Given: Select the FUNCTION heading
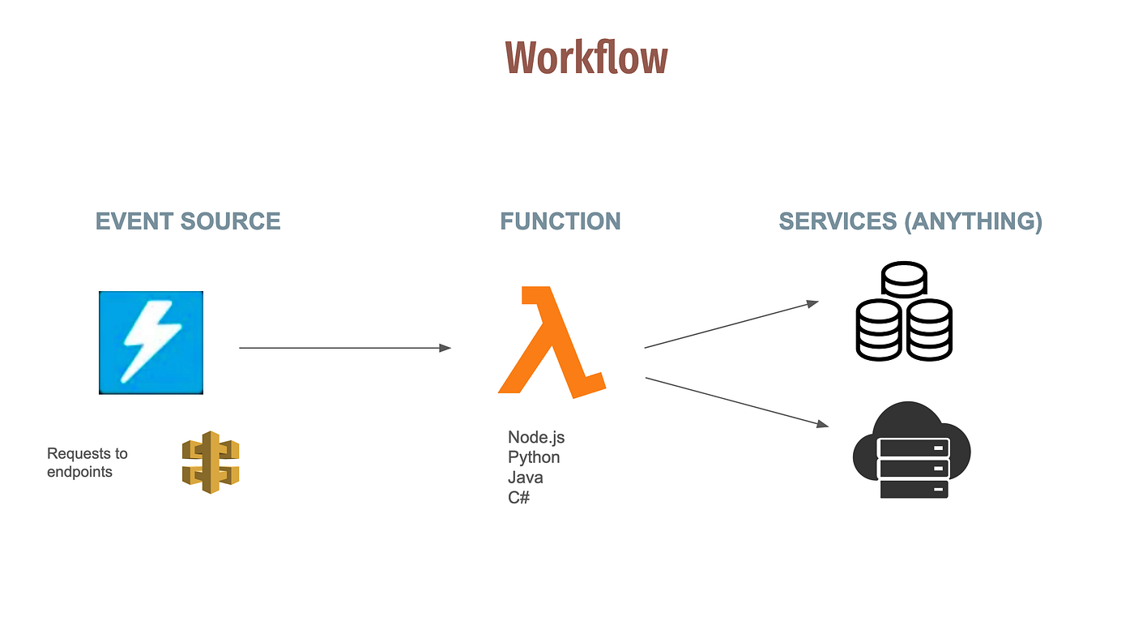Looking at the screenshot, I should pos(560,221).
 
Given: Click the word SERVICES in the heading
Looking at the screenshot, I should pos(838,221).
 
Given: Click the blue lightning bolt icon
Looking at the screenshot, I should pos(151,342).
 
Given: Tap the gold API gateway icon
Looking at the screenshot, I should pos(211,462).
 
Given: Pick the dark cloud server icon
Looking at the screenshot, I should pos(912,451).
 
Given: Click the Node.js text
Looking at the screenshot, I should pos(536,438).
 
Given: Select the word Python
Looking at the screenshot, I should pos(534,458).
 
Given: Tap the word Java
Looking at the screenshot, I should pos(526,478).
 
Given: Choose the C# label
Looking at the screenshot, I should pos(518,497).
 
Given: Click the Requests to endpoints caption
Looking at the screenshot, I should pos(87,462).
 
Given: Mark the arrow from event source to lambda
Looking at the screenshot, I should pos(344,348).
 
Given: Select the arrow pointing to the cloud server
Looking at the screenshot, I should pos(737,401).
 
